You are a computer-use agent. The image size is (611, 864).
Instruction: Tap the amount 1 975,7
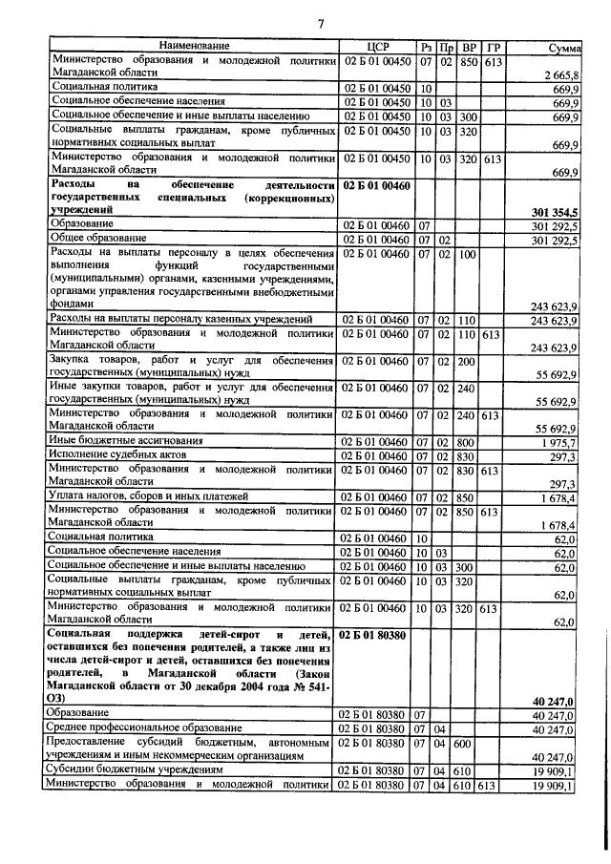tap(556, 441)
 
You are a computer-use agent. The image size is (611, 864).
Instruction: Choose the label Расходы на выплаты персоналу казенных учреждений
tap(180, 318)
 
